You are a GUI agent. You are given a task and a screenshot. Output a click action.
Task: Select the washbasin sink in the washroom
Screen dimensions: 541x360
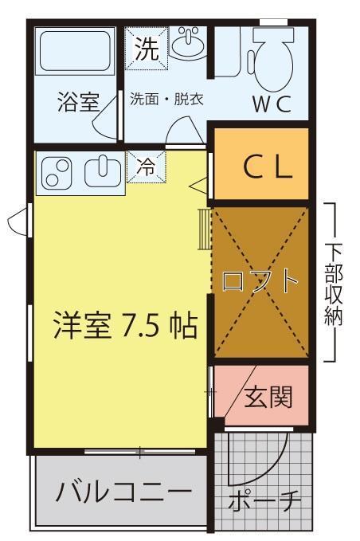[189, 44]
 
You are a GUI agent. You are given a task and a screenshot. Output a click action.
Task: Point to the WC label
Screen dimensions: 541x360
[271, 104]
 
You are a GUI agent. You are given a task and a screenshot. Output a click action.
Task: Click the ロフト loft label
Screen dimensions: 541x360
[260, 283]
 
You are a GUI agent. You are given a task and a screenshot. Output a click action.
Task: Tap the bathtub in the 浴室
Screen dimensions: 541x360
[76, 53]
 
